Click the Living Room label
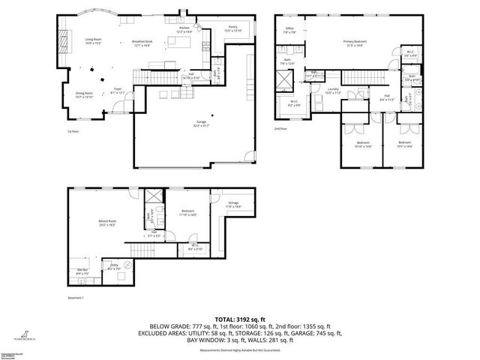[93, 40]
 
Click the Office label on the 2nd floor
[289, 31]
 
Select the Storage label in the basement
[233, 204]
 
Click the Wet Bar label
[82, 271]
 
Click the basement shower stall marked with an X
[151, 196]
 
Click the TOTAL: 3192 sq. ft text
[240, 319]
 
